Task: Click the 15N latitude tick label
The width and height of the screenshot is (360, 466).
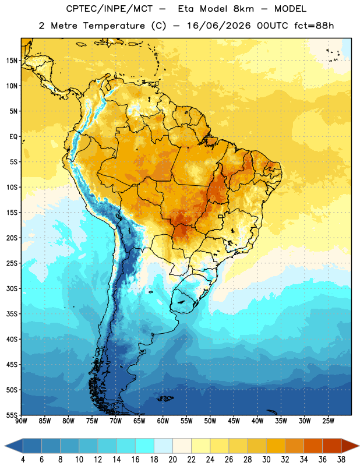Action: point(12,61)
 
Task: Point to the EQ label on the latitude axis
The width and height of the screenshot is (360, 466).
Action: point(13,137)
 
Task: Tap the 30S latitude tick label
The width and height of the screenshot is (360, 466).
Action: point(12,288)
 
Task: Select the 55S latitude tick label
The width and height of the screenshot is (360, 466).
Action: point(12,415)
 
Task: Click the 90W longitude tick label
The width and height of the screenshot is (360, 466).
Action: point(21,421)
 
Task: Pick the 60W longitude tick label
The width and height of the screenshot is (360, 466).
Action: point(163,421)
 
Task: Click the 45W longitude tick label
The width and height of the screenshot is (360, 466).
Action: point(234,421)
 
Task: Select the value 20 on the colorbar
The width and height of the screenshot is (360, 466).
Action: point(172,460)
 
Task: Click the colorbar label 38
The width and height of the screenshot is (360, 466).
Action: point(341,460)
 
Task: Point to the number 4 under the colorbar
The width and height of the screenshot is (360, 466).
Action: point(23,460)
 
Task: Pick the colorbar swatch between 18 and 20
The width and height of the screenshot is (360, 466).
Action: point(164,446)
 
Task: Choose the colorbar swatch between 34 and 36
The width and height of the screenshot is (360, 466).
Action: point(313,446)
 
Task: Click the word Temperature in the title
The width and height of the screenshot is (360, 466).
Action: point(114,26)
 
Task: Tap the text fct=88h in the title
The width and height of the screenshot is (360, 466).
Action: point(314,26)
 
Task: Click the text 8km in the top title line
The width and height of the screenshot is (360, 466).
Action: point(243,9)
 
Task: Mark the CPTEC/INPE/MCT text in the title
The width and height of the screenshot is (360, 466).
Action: point(110,9)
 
